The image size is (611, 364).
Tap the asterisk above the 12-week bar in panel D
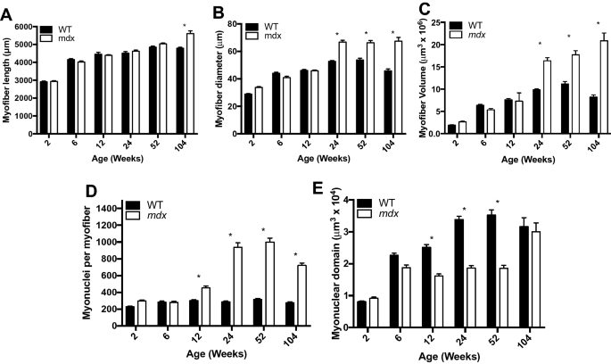click(x=198, y=276)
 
